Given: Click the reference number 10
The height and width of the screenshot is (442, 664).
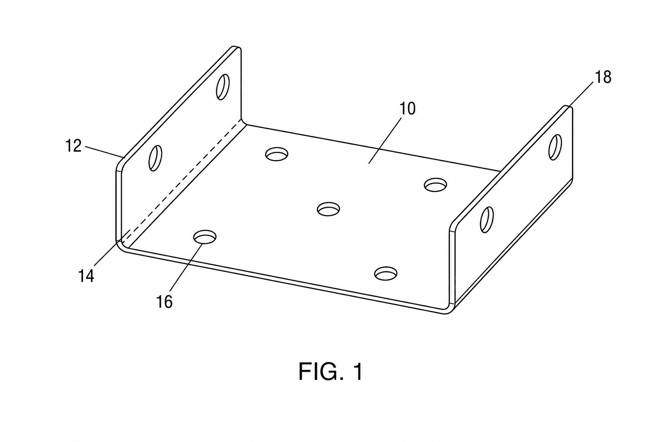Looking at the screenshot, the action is click(408, 109).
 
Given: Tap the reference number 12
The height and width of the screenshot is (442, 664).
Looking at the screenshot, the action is click(73, 146).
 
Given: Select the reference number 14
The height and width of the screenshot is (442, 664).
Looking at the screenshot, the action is click(86, 276).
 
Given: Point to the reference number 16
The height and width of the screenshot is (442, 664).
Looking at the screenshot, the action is click(164, 302).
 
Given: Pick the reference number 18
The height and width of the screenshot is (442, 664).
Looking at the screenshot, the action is click(603, 77).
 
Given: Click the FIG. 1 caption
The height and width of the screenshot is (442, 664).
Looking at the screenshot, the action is click(330, 372).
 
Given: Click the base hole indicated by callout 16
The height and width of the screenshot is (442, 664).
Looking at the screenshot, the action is click(204, 237).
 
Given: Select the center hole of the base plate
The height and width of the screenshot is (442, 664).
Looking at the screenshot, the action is click(328, 209).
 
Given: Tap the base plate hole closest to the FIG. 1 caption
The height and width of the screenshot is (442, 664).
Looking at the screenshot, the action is click(386, 274).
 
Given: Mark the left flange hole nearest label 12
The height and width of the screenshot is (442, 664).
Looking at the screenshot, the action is click(155, 158).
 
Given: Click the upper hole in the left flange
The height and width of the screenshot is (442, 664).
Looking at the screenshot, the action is click(223, 87).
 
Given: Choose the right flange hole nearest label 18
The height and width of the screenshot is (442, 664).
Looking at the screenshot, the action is click(555, 148).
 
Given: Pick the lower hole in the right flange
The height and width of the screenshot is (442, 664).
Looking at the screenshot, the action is click(487, 219).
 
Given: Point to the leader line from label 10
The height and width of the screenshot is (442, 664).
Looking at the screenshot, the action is click(385, 140).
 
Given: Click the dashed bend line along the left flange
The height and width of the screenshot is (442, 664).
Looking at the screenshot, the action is click(182, 180).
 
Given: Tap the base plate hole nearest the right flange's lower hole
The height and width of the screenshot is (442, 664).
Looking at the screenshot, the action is click(435, 185).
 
